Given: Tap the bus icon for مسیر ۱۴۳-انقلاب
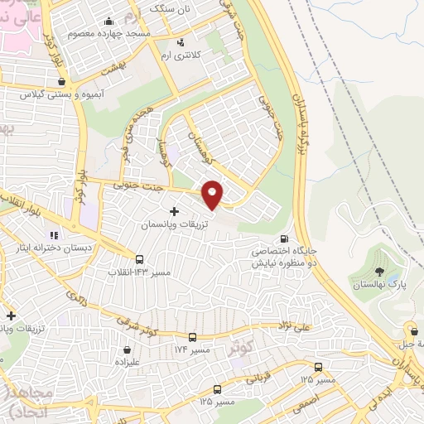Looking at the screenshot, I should (x=138, y=258).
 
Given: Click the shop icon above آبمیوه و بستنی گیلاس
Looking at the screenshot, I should (x=63, y=81).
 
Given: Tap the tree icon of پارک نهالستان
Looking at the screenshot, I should (x=378, y=272).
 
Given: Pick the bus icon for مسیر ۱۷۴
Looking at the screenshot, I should (x=193, y=337).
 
